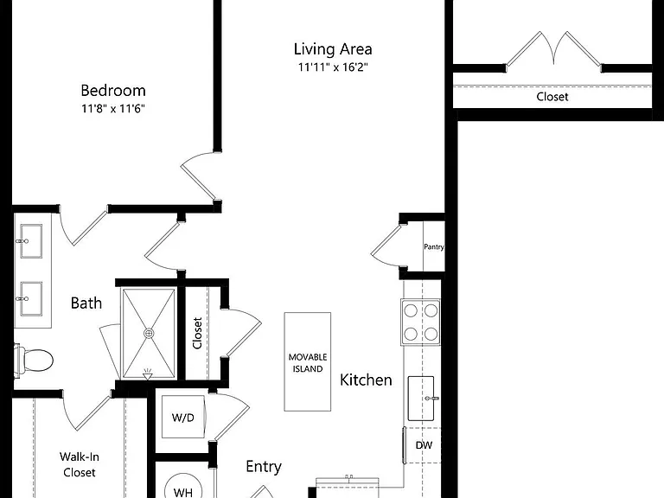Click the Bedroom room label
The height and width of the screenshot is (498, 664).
(113, 91)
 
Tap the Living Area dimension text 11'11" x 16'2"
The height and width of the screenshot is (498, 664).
(333, 67)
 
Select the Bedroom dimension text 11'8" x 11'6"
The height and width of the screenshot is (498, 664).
(113, 109)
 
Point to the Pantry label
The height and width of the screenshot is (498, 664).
(434, 246)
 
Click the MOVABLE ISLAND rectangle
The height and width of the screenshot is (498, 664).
(308, 361)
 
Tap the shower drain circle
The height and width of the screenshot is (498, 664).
(149, 334)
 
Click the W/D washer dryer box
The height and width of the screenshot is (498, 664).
(183, 418)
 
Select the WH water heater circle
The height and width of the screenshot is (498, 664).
(183, 486)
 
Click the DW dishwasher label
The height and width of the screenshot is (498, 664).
(424, 445)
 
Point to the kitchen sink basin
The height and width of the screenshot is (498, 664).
(421, 398)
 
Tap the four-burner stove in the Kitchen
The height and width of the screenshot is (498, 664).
(421, 322)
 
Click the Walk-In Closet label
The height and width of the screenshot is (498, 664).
(80, 464)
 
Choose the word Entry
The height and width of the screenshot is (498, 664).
(264, 467)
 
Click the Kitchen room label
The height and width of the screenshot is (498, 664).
(366, 380)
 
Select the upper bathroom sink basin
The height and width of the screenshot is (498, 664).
(31, 241)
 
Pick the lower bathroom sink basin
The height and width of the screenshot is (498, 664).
(31, 298)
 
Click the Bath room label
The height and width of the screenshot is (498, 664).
(86, 303)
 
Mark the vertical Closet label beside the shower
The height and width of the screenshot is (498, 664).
(197, 333)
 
